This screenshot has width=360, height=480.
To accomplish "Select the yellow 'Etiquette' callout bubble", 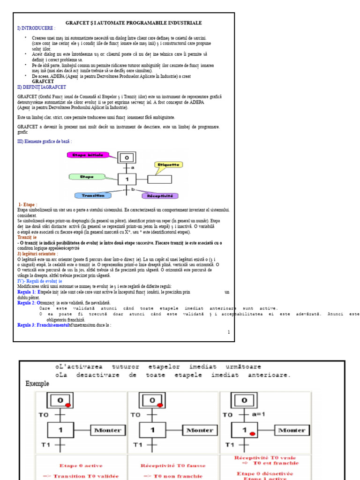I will click(168, 165).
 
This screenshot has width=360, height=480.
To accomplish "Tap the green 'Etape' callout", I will click(87, 177).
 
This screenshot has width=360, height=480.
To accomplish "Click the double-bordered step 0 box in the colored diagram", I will click(126, 158).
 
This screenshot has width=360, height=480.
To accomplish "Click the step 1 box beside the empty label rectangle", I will click(126, 179).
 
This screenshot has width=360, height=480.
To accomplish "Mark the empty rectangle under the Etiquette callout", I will click(159, 179).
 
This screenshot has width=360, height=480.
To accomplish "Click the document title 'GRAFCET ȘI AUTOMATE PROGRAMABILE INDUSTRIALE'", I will click(134, 22).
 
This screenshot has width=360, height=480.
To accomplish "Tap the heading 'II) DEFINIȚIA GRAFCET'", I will click(42, 87).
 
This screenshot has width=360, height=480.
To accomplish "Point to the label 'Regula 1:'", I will click(27, 292).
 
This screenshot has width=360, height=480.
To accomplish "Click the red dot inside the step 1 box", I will click(253, 434).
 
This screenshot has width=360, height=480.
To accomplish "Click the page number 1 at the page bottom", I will click(228, 332).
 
